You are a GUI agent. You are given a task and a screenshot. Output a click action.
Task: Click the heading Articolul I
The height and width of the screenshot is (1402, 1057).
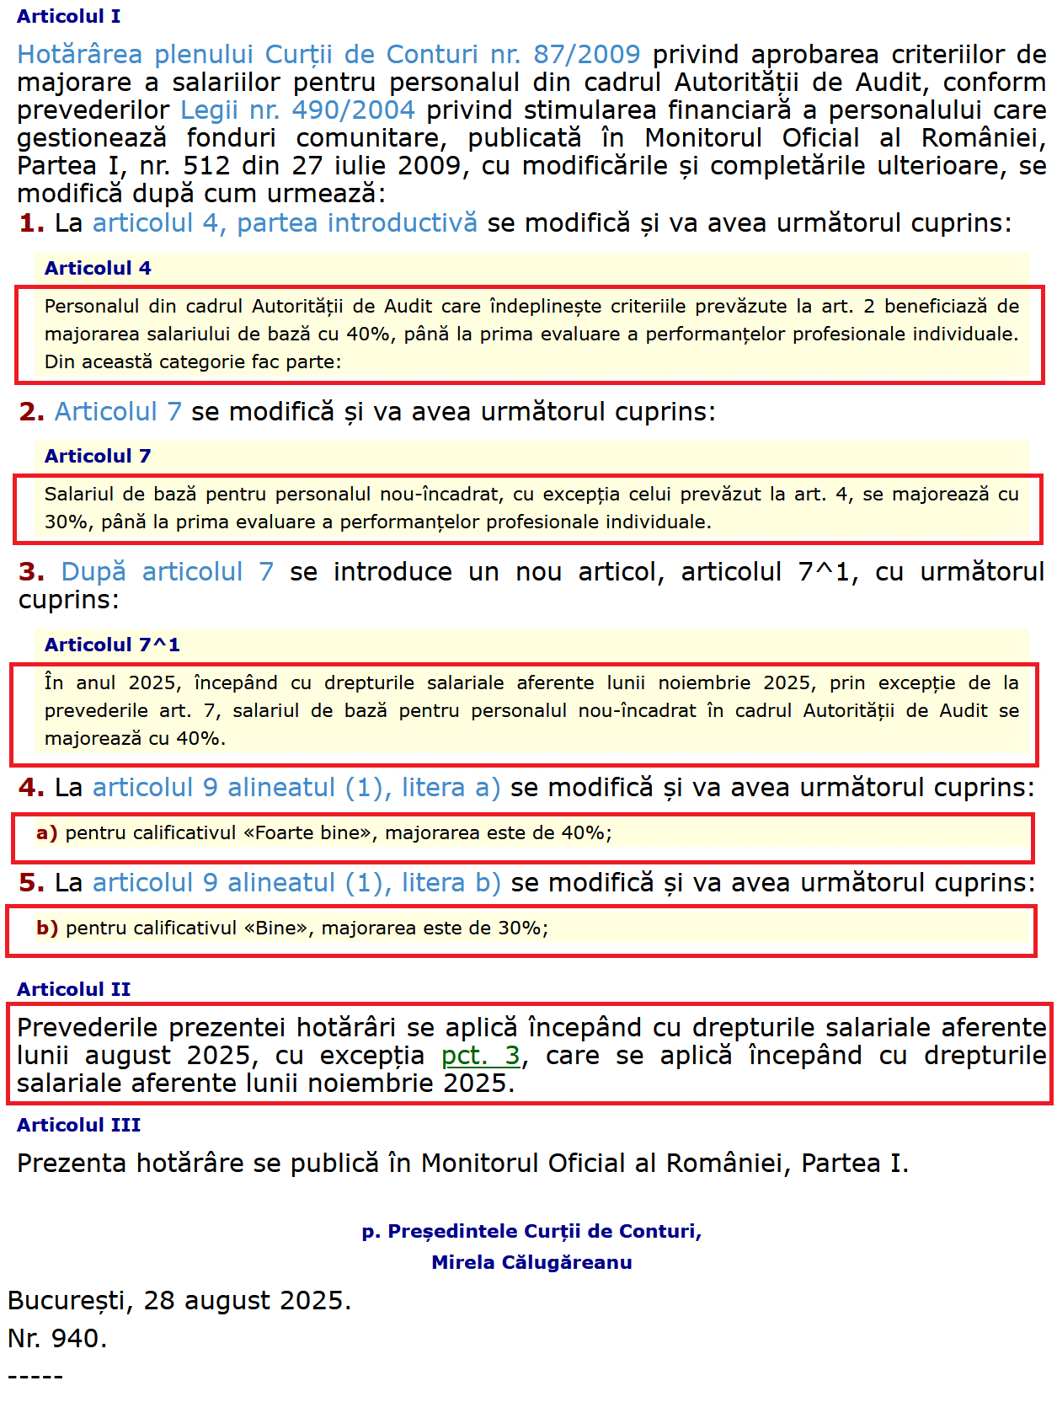click(x=68, y=16)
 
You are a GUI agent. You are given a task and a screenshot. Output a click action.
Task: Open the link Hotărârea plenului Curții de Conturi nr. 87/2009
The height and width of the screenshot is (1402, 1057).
click(x=328, y=55)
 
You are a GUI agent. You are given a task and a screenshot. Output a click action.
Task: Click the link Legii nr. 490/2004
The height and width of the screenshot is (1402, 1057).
click(x=297, y=110)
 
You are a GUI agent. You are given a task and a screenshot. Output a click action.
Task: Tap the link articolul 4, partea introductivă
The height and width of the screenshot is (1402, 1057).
click(x=285, y=223)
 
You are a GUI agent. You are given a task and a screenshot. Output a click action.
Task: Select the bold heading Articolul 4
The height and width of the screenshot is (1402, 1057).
click(x=98, y=268)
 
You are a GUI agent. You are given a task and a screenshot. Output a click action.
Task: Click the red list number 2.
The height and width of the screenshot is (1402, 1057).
click(x=31, y=412)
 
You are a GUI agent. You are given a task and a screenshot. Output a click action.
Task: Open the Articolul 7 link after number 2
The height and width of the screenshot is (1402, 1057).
click(x=118, y=412)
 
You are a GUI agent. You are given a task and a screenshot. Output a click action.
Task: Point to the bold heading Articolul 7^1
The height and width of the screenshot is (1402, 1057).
click(x=112, y=645)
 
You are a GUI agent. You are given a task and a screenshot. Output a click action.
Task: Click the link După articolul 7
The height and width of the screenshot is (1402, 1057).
click(x=167, y=572)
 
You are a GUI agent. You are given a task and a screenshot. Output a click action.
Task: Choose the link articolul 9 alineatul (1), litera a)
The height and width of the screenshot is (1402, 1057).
click(x=296, y=788)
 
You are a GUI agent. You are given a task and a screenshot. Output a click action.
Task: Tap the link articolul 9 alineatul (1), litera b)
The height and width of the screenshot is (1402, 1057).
click(x=296, y=883)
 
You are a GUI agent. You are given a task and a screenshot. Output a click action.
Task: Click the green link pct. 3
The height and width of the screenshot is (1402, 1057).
click(x=481, y=1056)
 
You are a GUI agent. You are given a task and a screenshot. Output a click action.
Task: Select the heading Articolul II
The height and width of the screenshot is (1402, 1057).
click(x=74, y=989)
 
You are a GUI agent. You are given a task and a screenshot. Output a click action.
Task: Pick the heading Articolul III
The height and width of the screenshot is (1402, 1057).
click(x=79, y=1125)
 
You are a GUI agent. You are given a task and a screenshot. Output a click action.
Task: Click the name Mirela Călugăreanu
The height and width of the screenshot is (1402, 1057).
click(x=531, y=1262)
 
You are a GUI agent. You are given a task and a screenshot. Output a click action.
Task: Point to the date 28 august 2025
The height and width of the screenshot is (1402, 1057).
click(x=246, y=1301)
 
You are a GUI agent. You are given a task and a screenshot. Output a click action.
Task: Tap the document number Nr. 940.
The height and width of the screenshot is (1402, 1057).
click(x=57, y=1339)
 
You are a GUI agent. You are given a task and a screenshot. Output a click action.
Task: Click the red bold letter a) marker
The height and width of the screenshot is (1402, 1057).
click(x=46, y=833)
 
